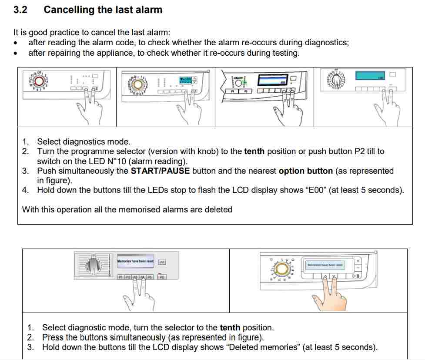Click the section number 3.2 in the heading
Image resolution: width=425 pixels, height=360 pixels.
[x=20, y=10]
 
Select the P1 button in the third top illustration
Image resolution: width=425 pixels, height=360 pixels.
[x=233, y=92]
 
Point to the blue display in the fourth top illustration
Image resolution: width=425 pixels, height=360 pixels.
[x=371, y=76]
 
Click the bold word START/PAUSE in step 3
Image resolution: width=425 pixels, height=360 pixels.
[x=160, y=171]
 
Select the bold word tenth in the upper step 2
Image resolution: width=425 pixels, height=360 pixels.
[x=254, y=151]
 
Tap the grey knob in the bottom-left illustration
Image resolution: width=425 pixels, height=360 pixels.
[x=93, y=264]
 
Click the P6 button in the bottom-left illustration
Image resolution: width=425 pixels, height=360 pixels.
[x=162, y=277]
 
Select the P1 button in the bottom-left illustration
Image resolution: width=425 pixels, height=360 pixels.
[x=120, y=277]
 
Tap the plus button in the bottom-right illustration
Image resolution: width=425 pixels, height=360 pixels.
[x=358, y=261]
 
